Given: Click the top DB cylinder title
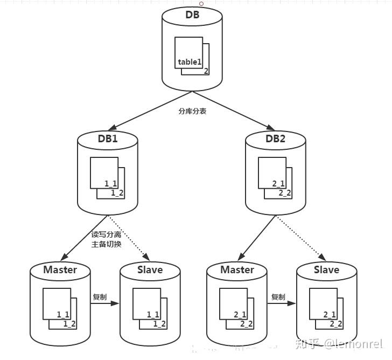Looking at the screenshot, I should pyautogui.click(x=192, y=15).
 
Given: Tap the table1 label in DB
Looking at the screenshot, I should pyautogui.click(x=189, y=62).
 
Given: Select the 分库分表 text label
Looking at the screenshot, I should pyautogui.click(x=192, y=112).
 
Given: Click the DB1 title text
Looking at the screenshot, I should pyautogui.click(x=108, y=139).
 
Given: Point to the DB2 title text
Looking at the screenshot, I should pyautogui.click(x=276, y=139).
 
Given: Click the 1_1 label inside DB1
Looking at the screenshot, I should pyautogui.click(x=110, y=184).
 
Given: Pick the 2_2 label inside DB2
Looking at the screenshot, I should pyautogui.click(x=285, y=193).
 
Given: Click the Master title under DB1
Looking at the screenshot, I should pyautogui.click(x=60, y=269).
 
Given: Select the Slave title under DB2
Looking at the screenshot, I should pyautogui.click(x=326, y=269).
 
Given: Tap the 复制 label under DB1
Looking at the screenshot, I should pyautogui.click(x=100, y=297).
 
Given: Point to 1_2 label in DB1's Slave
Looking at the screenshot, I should pyautogui.click(x=159, y=324).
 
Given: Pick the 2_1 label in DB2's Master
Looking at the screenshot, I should pyautogui.click(x=240, y=314).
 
